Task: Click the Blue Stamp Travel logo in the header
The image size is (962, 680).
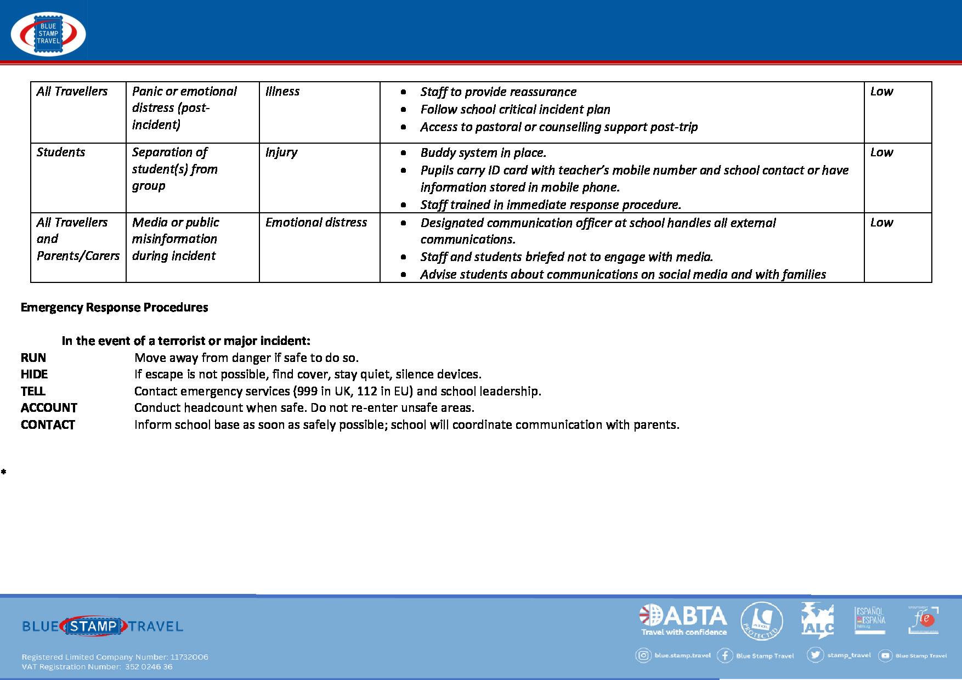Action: [x=48, y=34]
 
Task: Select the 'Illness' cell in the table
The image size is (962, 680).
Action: [x=282, y=92]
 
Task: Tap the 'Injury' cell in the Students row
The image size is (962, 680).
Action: [x=281, y=152]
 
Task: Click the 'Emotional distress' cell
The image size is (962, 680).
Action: [x=316, y=223]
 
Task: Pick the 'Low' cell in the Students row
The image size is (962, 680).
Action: [x=881, y=152]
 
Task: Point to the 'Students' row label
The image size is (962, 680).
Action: [x=61, y=152]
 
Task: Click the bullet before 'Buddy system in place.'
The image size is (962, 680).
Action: [x=404, y=153]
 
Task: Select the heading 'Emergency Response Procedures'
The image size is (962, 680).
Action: [x=114, y=308]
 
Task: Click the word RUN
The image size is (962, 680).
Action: [x=33, y=358]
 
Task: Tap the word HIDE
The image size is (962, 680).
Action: [x=34, y=375]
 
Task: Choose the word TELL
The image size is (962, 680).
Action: [x=33, y=392]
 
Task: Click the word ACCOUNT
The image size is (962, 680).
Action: [x=49, y=408]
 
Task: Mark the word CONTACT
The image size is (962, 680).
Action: [x=48, y=425]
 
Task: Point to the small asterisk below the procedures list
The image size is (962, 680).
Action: [x=4, y=472]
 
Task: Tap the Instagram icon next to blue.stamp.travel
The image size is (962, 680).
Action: [x=643, y=655]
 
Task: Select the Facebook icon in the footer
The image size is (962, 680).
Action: [x=725, y=655]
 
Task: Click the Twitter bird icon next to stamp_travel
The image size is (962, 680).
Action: [x=815, y=655]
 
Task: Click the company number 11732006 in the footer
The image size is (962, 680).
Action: [x=189, y=657]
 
